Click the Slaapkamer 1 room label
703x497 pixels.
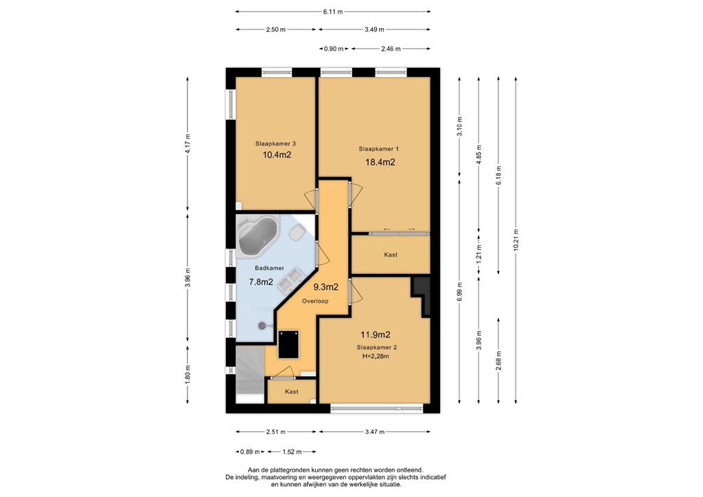(378, 148)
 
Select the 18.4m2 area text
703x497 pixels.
(380, 163)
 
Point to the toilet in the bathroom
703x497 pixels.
(297, 235)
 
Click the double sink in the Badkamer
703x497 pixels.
(294, 279)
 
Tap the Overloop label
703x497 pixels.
(315, 301)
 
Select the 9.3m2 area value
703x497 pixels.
(325, 287)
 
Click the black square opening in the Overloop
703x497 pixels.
(289, 343)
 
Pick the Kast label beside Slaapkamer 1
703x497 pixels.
(391, 255)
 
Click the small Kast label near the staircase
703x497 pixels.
(292, 392)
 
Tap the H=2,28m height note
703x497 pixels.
(376, 357)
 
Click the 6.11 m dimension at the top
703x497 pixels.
(333, 12)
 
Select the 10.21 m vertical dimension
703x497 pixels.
(516, 240)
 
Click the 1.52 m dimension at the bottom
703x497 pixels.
(291, 452)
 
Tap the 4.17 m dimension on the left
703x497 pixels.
(187, 144)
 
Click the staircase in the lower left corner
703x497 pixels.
(249, 373)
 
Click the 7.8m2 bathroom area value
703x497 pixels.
(261, 281)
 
